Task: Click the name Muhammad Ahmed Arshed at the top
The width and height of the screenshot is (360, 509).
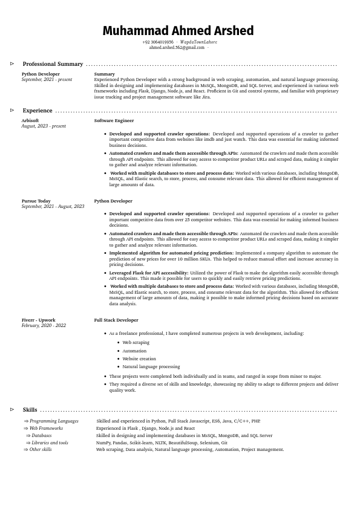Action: pyautogui.click(x=178, y=31)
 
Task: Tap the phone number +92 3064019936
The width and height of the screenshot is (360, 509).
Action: pyautogui.click(x=157, y=42)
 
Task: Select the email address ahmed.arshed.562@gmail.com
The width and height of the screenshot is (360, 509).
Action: pyautogui.click(x=177, y=47)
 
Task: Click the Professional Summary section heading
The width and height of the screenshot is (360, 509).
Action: pyautogui.click(x=53, y=64)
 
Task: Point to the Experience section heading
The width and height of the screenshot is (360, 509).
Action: pyautogui.click(x=38, y=111)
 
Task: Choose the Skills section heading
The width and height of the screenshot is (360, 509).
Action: pyautogui.click(x=30, y=410)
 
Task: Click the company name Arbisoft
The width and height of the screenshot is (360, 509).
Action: pyautogui.click(x=30, y=121)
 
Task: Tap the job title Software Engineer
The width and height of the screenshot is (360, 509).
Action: pyautogui.click(x=114, y=121)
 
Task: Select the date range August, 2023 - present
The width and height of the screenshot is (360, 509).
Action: pyautogui.click(x=44, y=126)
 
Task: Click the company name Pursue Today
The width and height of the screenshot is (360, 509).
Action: pyautogui.click(x=36, y=201)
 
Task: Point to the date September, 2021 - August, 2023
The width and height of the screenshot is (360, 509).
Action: pyautogui.click(x=53, y=207)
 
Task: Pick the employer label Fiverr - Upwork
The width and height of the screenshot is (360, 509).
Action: pyautogui.click(x=38, y=320)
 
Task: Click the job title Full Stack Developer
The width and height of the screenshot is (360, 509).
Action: pyautogui.click(x=116, y=320)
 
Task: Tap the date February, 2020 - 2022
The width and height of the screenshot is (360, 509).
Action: pyautogui.click(x=44, y=326)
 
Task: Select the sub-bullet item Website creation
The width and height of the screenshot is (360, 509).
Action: pyautogui.click(x=139, y=358)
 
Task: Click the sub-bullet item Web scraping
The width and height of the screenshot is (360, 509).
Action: pyautogui.click(x=136, y=342)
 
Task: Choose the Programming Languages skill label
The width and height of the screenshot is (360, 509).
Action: pyautogui.click(x=54, y=421)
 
